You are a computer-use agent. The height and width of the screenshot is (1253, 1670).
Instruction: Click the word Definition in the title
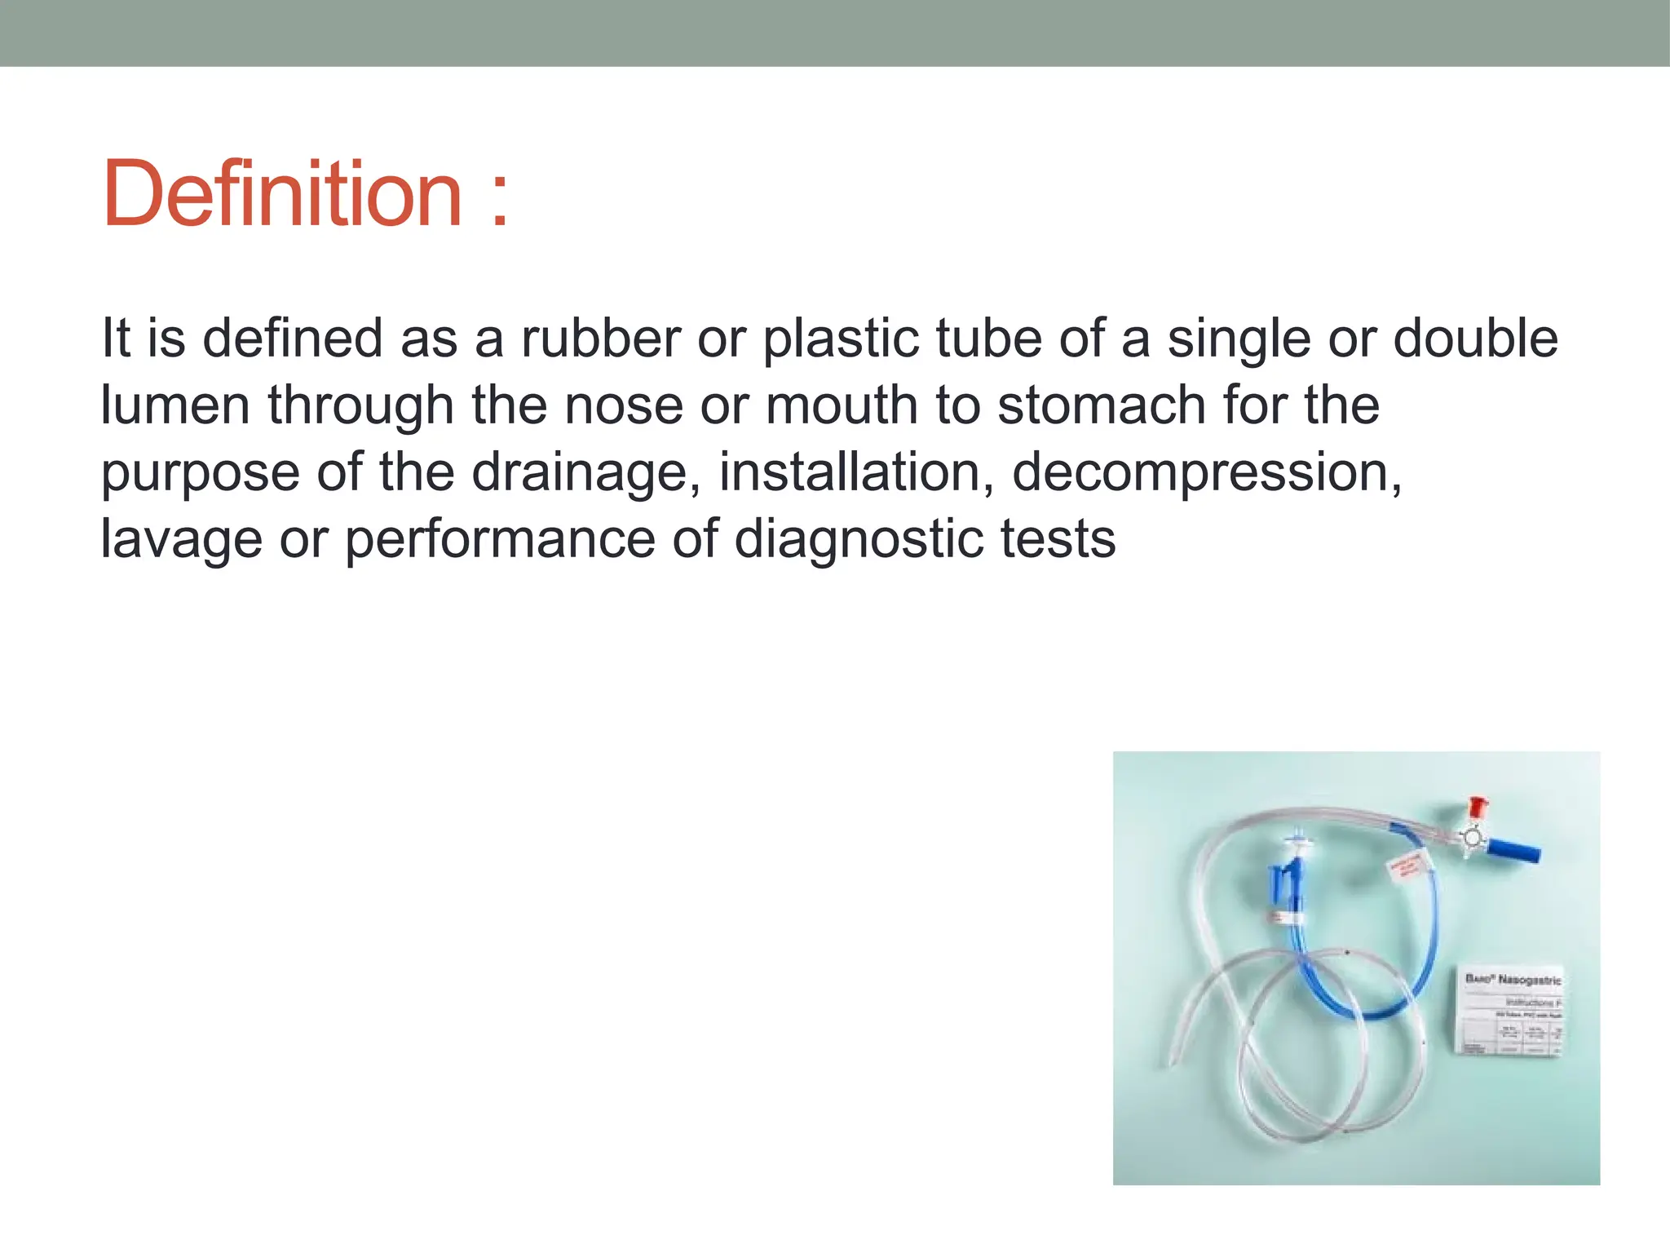pos(282,194)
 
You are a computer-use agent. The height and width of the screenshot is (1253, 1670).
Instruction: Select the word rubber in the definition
pos(600,339)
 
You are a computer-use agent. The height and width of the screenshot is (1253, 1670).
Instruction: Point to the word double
pos(1476,339)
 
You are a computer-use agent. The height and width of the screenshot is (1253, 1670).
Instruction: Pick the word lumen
pos(175,405)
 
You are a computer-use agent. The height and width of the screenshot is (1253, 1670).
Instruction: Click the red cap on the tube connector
pos(1476,809)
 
